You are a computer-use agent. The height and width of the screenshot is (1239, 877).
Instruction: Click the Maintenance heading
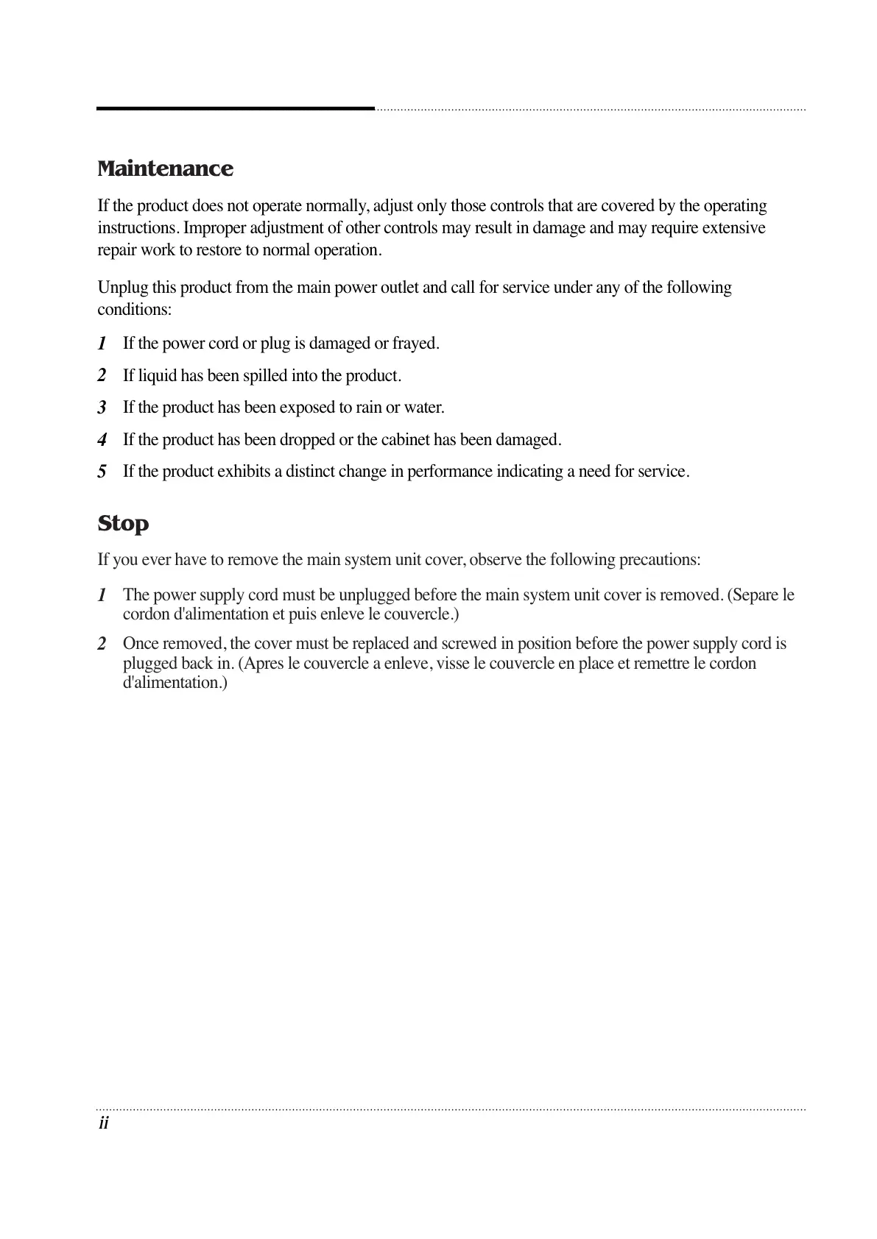pyautogui.click(x=165, y=169)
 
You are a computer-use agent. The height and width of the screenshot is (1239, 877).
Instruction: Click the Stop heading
pyautogui.click(x=123, y=524)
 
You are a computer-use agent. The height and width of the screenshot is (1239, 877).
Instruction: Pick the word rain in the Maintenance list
pyautogui.click(x=368, y=408)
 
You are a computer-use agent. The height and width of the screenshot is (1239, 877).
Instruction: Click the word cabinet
pyautogui.click(x=405, y=440)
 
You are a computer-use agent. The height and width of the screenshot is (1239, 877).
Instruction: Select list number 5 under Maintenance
pyautogui.click(x=102, y=472)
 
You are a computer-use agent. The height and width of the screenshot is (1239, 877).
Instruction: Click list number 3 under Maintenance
pyautogui.click(x=102, y=408)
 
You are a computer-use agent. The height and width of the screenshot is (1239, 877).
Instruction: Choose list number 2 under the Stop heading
pyautogui.click(x=102, y=645)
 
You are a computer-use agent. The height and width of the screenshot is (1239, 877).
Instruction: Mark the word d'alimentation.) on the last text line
pyautogui.click(x=175, y=683)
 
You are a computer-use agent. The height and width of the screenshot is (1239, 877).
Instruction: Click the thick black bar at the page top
pyautogui.click(x=236, y=109)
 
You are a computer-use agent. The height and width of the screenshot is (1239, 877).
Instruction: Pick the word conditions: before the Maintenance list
pyautogui.click(x=135, y=310)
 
